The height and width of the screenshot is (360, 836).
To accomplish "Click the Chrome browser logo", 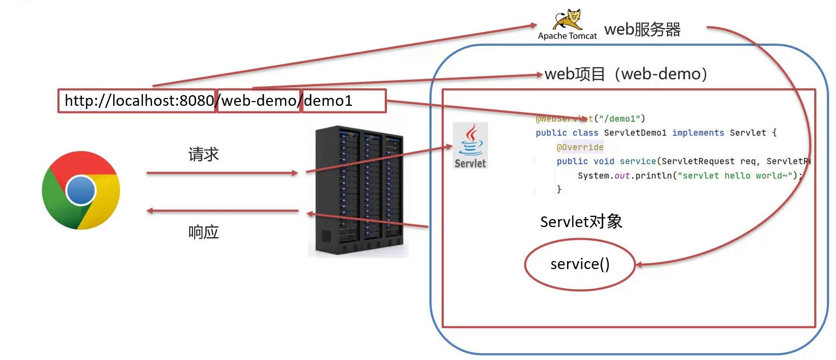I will [81, 190].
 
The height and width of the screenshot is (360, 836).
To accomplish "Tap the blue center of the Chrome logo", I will [81, 190].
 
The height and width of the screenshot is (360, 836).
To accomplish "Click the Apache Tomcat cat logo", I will [567, 20].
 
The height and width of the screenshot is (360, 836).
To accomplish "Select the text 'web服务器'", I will [643, 29].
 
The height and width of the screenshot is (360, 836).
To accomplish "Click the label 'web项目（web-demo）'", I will [626, 74].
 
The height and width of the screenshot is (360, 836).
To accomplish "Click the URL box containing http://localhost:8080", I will [137, 101].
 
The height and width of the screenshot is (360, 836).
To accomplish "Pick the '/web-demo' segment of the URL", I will [259, 101].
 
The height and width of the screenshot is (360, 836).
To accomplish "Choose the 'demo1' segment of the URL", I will [328, 101].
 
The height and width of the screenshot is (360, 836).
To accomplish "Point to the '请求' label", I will [204, 155].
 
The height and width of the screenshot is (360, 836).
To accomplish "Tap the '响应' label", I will [204, 232].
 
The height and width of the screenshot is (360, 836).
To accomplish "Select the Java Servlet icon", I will [470, 146].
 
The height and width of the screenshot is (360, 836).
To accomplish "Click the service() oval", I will [580, 264].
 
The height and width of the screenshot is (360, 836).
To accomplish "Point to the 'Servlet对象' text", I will [581, 222].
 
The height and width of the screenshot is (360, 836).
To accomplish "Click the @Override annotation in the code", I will [580, 147].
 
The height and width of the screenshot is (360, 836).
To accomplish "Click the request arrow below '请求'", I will [222, 173].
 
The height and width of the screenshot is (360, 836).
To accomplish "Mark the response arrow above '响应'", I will [222, 211].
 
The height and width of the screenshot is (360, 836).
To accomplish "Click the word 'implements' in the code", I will [698, 133].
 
